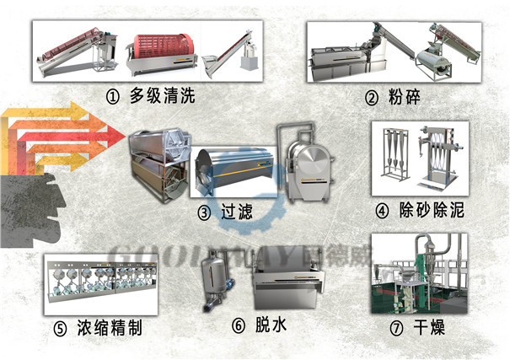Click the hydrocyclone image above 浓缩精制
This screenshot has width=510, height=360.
(101, 283)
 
